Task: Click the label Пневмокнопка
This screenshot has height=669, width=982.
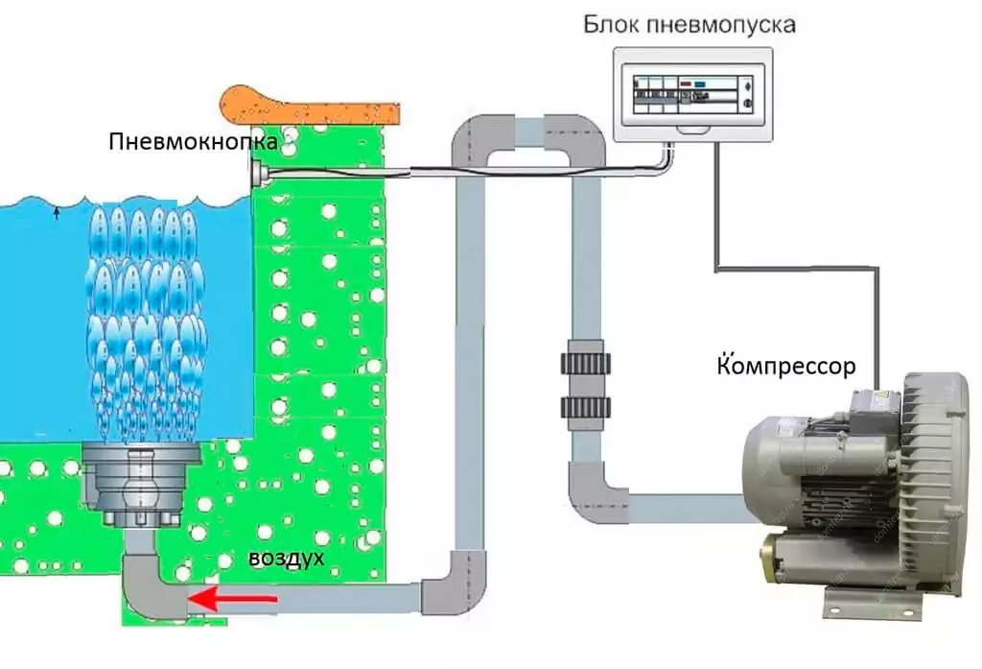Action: (194, 143)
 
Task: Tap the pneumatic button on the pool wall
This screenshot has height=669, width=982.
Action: (259, 174)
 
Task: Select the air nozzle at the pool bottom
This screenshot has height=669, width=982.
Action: (139, 486)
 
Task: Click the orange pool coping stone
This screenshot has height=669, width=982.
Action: (307, 104)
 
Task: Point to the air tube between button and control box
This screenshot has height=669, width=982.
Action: (460, 174)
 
